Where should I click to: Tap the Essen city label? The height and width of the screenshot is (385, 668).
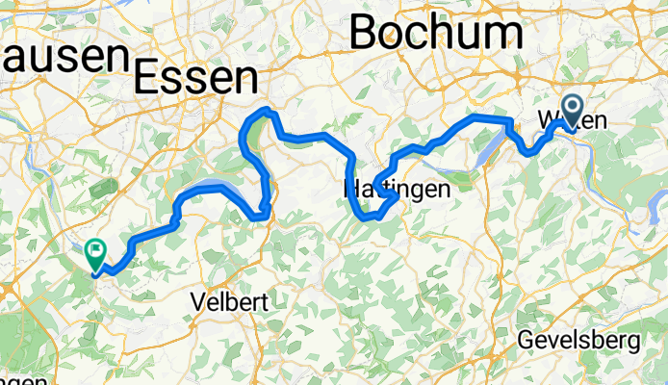coord(196,76)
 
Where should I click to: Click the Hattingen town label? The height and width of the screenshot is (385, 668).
coord(397,190)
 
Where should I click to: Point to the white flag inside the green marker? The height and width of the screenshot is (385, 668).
coord(96,251)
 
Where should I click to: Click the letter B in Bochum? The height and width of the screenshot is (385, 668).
coord(367,32)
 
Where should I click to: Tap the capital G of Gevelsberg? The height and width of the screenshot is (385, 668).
coord(526,340)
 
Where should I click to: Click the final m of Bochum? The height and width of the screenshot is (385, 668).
coord(504,32)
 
